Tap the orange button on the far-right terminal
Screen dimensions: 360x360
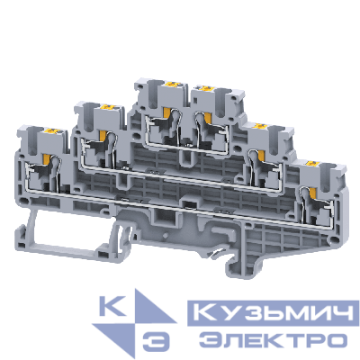pyautogui.click(x=312, y=166)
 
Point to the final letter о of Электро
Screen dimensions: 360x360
pyautogui.click(x=337, y=339)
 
